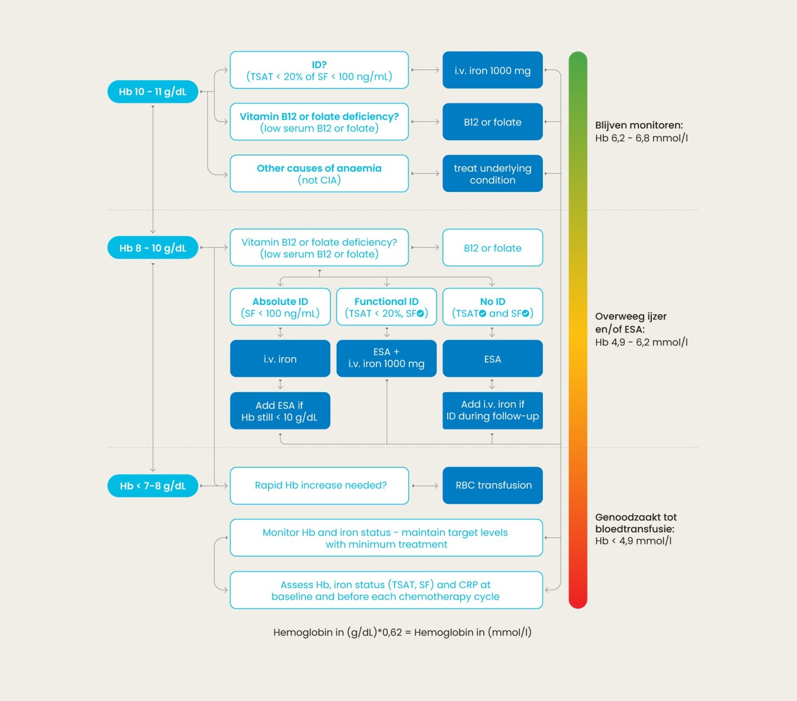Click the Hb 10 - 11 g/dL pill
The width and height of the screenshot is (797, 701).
coord(152,92)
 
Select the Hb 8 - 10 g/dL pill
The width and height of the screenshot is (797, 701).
coord(152,248)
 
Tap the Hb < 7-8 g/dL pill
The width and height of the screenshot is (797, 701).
coord(152,486)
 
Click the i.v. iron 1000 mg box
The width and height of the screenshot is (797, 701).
coord(492,70)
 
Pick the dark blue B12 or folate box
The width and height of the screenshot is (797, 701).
coord(492,122)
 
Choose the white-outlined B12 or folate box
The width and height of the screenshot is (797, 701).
coord(492,248)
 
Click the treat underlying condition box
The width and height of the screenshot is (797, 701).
coord(492,174)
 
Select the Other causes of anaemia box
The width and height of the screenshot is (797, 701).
coord(319,174)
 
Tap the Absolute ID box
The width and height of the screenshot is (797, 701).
coord(280,307)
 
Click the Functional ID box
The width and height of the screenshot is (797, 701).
coord(386,307)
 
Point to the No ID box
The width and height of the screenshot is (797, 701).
coord(492,307)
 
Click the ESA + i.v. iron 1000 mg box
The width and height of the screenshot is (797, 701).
coord(386,358)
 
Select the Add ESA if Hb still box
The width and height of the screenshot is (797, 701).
coord(280,411)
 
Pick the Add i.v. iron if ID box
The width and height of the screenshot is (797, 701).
coord(492,411)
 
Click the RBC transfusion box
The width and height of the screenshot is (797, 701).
coord(492,485)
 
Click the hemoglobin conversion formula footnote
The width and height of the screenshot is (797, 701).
coord(402,632)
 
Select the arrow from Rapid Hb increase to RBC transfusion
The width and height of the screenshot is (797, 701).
coord(425,486)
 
